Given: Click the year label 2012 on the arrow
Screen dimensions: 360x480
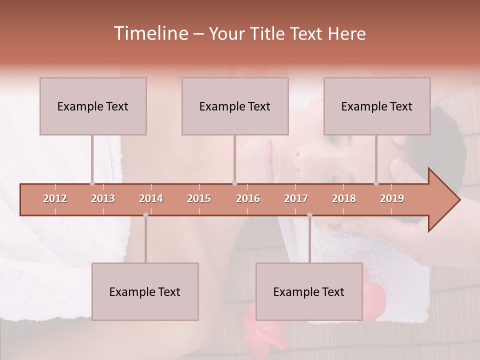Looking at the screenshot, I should coord(55,198).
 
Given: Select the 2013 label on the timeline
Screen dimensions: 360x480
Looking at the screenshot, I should coord(103,198).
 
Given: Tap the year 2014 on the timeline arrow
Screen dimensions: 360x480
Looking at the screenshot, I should coord(151,198).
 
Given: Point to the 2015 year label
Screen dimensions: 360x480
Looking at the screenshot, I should coord(199,198).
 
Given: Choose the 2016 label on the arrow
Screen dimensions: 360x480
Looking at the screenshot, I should coord(248,198).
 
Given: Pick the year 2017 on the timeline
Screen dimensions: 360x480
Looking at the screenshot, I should coord(296,198).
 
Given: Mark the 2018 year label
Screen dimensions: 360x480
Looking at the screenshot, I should coord(344,198).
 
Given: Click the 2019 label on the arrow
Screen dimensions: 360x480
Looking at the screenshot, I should coord(392,198).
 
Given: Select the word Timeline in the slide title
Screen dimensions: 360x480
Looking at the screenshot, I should coord(150,33).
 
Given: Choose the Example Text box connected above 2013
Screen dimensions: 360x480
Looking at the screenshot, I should coord(93,106).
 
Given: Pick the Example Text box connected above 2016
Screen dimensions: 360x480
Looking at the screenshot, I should coord(235,106).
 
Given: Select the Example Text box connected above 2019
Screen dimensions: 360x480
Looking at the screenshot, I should coord(377,106).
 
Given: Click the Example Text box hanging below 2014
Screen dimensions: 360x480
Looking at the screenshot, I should coord(145,291).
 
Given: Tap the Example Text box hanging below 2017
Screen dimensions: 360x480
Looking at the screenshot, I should coord(309,291).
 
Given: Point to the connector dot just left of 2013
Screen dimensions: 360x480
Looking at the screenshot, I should coord(92,183).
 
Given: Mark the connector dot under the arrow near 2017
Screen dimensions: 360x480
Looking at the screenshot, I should coord(309,215).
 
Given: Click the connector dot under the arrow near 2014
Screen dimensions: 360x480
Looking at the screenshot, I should coord(145,215).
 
